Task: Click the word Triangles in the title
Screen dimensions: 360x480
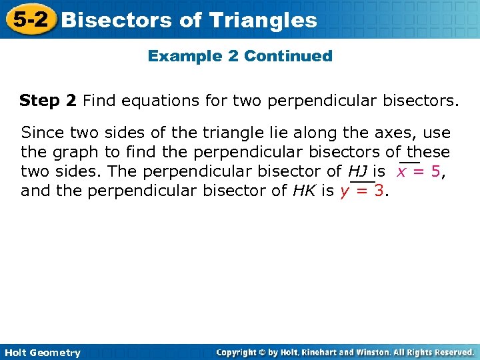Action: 262,20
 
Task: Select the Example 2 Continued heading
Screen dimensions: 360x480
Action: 240,56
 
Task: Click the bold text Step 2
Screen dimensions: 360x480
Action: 48,101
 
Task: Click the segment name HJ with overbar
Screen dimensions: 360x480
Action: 359,171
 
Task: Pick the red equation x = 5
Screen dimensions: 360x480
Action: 419,171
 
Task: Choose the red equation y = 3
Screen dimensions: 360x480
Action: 362,191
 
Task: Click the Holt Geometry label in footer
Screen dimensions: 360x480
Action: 41,353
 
